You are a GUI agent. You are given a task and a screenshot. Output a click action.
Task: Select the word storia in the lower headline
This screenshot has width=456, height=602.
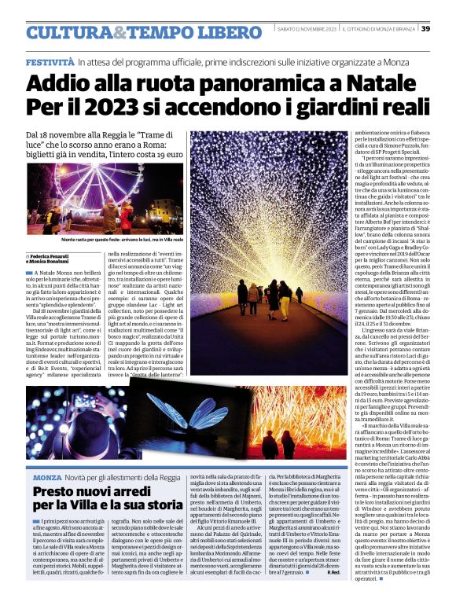coord(160,508)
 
